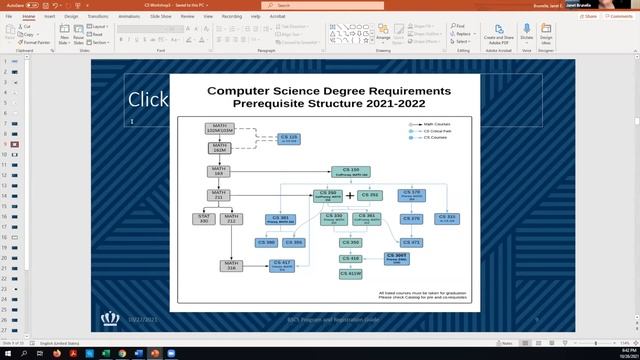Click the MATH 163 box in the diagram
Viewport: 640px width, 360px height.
coord(219,171)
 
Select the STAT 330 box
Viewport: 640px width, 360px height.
coord(203,217)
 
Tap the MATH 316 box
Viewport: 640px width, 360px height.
coord(232,265)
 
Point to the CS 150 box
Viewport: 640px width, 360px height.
coord(350,172)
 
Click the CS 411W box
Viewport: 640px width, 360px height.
coord(350,272)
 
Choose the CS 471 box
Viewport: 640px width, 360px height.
coord(411,241)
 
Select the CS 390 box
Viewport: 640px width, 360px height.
coord(266,241)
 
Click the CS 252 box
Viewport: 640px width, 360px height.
coord(370,195)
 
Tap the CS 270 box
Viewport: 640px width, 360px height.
coord(411,194)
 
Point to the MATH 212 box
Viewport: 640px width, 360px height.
coord(232,217)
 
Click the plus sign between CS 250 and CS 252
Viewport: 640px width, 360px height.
coord(350,195)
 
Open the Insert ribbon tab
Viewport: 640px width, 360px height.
coord(48,16)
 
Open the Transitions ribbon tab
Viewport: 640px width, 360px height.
coord(98,16)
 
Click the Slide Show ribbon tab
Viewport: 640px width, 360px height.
coord(161,16)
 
